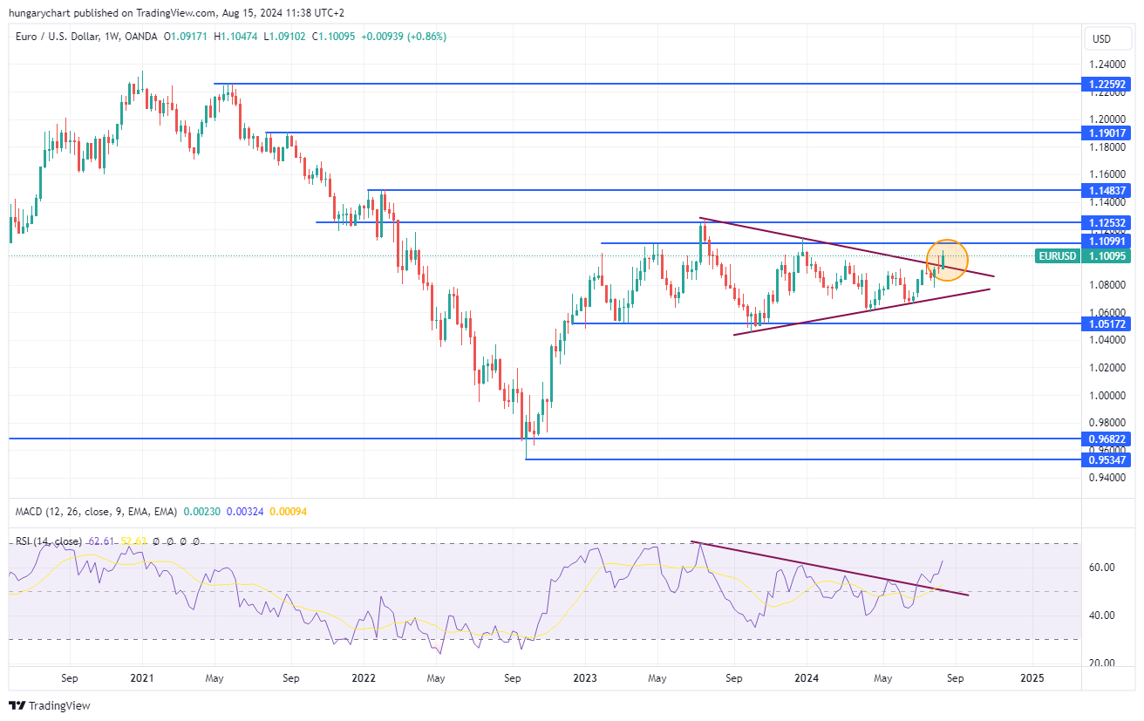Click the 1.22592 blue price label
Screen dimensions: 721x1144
point(1106,85)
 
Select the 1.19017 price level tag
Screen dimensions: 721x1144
point(1106,133)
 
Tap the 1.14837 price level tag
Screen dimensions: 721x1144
point(1106,190)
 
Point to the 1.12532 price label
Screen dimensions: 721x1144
point(1106,223)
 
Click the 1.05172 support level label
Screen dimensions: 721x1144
point(1106,323)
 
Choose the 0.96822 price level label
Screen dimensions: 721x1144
point(1106,439)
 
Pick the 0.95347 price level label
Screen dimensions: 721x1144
point(1106,459)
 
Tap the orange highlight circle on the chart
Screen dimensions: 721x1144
point(947,261)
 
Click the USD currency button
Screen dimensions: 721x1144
point(1102,39)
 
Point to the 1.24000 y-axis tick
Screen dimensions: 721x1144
point(1106,65)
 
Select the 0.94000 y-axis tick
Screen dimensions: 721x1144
point(1106,478)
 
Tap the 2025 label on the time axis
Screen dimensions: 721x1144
point(1032,677)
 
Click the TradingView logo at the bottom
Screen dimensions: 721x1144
point(50,705)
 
